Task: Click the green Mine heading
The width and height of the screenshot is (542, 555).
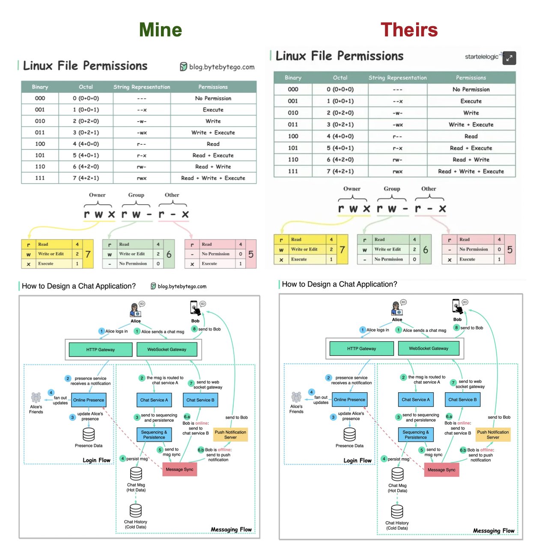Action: (161, 30)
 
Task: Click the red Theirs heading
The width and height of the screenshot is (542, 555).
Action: (409, 30)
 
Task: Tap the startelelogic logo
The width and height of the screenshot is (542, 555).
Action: (482, 57)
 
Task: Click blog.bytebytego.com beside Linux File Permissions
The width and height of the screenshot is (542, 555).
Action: (217, 67)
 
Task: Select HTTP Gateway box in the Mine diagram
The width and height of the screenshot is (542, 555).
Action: (101, 349)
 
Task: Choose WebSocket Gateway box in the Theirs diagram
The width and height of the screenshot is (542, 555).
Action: (429, 349)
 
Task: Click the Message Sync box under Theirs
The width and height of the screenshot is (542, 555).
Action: (441, 470)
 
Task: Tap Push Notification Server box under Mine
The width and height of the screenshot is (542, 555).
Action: (230, 435)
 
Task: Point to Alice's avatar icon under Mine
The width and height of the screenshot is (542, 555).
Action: (135, 310)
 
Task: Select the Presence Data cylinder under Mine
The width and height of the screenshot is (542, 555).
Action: (89, 434)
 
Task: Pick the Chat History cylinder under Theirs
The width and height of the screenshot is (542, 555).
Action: (397, 511)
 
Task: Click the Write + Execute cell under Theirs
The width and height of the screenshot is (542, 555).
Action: (471, 125)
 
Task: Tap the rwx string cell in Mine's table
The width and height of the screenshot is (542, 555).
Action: (142, 178)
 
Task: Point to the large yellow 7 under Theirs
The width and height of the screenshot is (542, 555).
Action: (342, 249)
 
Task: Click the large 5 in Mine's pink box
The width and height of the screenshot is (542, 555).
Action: (251, 254)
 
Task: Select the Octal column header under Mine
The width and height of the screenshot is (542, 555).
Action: (86, 87)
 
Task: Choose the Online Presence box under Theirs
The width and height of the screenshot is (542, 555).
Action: (350, 400)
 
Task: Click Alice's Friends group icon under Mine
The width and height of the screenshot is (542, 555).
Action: (36, 398)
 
